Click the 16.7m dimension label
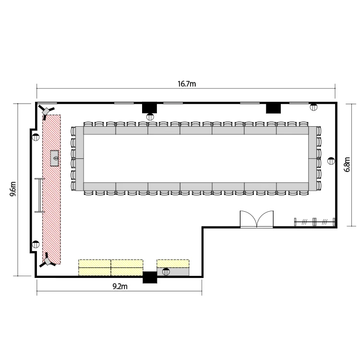click(x=187, y=84)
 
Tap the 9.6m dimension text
click(x=13, y=189)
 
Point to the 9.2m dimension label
click(x=120, y=286)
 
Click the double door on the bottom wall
click(x=257, y=219)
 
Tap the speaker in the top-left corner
click(x=46, y=111)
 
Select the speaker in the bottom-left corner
click(x=48, y=261)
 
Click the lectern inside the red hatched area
click(x=54, y=158)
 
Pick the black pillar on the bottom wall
click(x=150, y=277)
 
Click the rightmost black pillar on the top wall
click(x=273, y=108)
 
